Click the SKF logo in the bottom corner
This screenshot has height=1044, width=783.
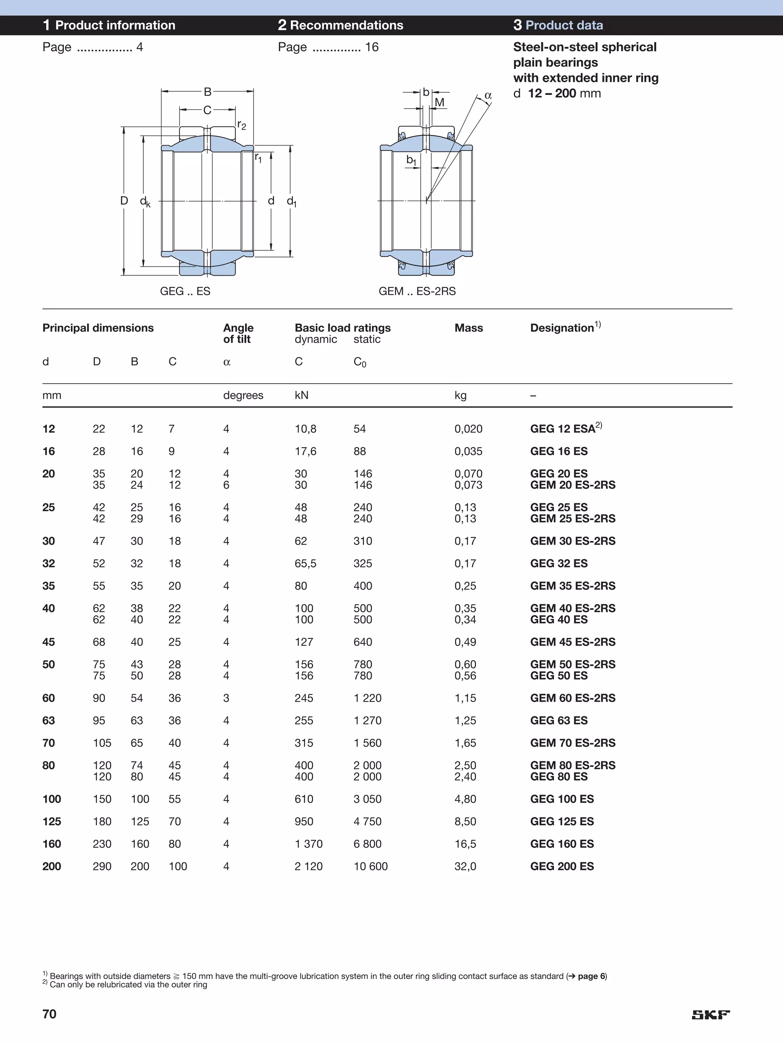point(710,1015)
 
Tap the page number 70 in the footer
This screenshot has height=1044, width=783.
point(50,1014)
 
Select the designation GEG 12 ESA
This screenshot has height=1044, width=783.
point(562,429)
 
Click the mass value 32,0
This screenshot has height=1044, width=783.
point(465,867)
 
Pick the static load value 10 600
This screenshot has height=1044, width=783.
point(370,867)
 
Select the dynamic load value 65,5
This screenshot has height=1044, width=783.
point(305,564)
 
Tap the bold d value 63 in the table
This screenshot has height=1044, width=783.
point(49,721)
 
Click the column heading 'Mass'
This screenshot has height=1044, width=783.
point(468,328)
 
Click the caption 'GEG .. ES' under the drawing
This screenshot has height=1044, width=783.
point(185,291)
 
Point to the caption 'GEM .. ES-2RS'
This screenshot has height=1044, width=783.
point(417,291)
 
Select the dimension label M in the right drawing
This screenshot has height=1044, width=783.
point(439,102)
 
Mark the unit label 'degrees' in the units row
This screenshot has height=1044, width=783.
point(243,395)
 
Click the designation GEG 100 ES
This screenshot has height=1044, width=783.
point(562,799)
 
